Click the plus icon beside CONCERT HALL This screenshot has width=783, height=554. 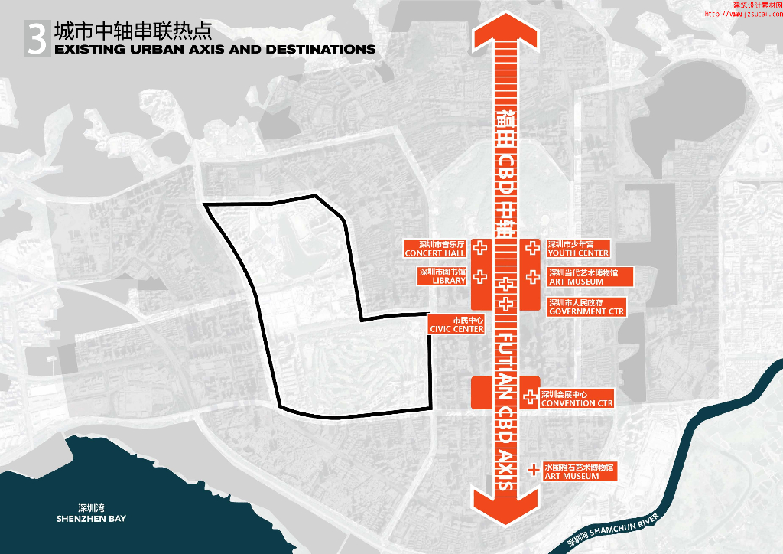[480, 248]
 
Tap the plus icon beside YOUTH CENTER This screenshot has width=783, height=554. [531, 248]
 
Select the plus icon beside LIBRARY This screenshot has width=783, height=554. [480, 277]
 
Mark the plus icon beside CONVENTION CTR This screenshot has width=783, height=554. [530, 397]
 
